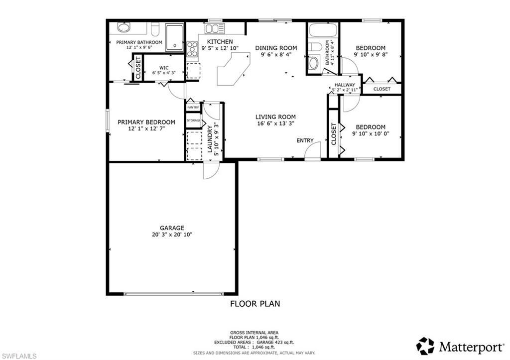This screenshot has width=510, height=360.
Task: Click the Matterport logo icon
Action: (x=425, y=345)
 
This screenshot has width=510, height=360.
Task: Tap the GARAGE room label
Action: (x=172, y=228)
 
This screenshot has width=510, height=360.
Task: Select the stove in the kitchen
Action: (x=192, y=48)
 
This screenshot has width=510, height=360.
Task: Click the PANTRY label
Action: (x=193, y=107)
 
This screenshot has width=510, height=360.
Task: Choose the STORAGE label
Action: (x=193, y=121)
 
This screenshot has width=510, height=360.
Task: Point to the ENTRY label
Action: (x=305, y=140)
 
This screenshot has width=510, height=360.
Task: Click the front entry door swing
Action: (x=312, y=153)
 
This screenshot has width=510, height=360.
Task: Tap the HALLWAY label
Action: (x=345, y=85)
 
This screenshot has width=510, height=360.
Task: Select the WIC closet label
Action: (x=164, y=68)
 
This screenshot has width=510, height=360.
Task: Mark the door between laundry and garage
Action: (x=210, y=170)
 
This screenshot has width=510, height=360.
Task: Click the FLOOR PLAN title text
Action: (x=255, y=303)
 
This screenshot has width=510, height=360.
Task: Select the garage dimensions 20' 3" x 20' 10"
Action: (x=172, y=235)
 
